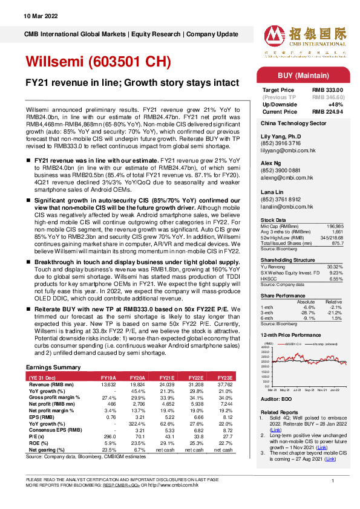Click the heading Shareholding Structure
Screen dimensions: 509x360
click(x=287, y=259)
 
